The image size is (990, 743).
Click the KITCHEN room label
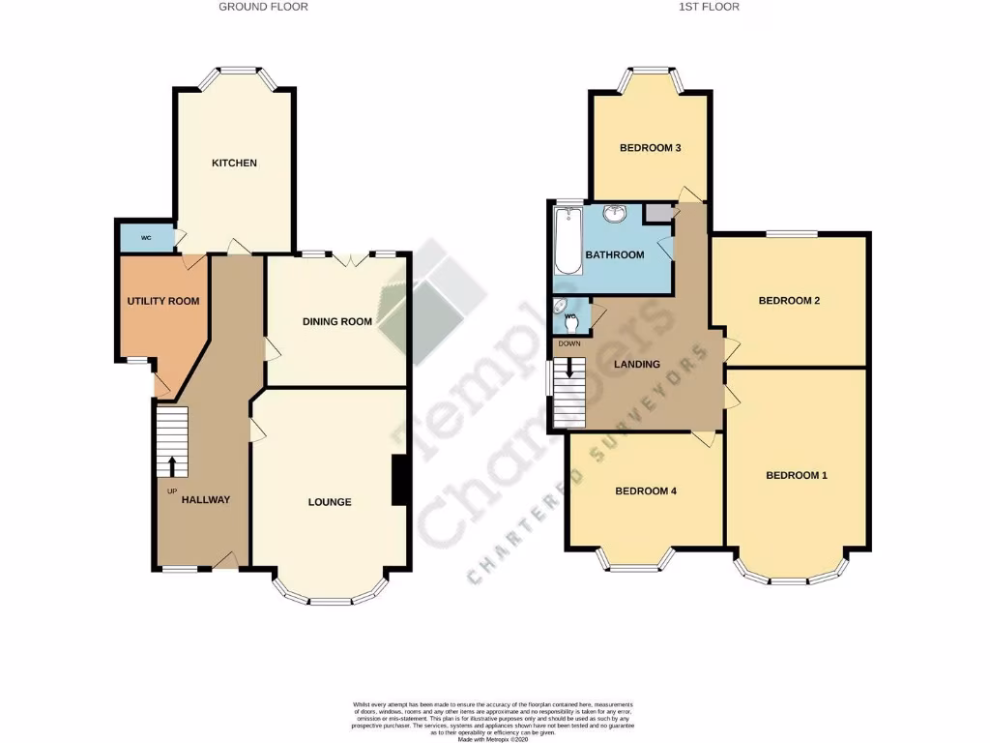[234, 163]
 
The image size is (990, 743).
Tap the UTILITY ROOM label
[163, 301]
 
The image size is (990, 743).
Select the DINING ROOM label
[336, 321]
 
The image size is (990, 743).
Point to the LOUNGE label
[329, 502]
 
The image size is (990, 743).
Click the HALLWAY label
[205, 500]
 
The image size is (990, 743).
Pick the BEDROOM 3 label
[651, 148]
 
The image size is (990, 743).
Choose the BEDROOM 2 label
[789, 301]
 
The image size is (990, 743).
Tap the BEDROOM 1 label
[797, 475]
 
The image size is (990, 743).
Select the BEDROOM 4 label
[646, 491]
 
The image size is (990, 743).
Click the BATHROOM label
[614, 255]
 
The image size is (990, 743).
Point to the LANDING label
[637, 365]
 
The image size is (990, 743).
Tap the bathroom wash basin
[614, 214]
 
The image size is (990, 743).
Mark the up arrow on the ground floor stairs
[173, 465]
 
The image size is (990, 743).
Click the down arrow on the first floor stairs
[570, 368]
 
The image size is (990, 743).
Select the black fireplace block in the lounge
[398, 480]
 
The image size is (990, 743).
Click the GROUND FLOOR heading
[264, 7]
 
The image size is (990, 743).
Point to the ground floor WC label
[146, 237]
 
